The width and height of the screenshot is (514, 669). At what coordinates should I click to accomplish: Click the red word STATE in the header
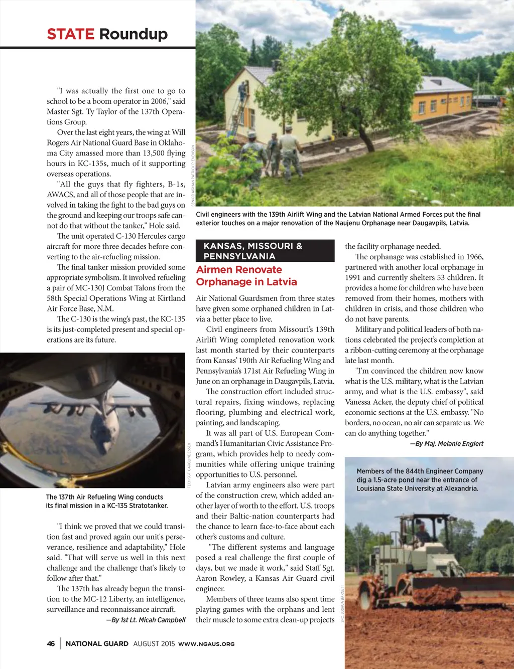(70, 34)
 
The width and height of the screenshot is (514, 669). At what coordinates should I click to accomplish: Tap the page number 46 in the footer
(51, 643)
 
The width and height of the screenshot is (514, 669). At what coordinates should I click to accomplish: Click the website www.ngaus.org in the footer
(206, 644)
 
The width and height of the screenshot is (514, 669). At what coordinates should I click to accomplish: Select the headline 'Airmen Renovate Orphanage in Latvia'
(246, 276)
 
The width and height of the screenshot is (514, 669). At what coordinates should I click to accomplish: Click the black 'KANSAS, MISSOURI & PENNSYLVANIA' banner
(265, 251)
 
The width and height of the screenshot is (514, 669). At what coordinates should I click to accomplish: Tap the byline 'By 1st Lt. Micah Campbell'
(146, 620)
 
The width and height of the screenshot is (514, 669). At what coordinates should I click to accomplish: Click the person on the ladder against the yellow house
(243, 92)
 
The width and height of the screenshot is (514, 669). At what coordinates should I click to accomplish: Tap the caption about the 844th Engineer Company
(420, 479)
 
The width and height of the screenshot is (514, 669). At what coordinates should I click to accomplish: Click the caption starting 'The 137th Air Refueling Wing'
(106, 501)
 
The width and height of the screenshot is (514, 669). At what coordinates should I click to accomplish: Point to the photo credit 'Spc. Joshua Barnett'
(342, 604)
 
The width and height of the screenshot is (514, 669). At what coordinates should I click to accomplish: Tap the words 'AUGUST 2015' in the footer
(154, 643)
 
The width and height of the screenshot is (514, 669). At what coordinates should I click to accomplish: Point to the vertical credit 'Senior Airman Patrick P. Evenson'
(192, 176)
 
